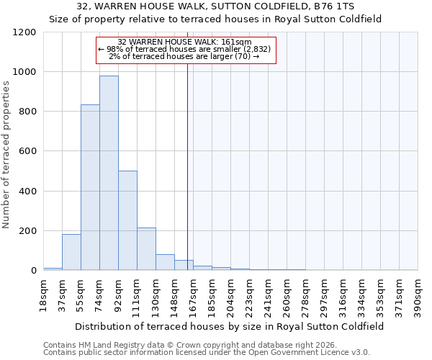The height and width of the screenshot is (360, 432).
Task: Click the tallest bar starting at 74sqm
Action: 109,173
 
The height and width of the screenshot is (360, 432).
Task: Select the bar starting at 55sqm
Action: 90,187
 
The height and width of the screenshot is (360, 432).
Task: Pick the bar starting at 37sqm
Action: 71,252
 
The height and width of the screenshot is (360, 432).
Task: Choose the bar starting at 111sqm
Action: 146,249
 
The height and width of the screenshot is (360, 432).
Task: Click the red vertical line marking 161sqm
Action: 187,158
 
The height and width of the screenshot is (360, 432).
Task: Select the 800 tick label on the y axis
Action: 27,112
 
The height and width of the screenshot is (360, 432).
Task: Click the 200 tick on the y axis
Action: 27,231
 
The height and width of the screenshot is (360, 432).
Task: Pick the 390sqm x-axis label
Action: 418,294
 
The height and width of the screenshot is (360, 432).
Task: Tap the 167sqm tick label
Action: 193,294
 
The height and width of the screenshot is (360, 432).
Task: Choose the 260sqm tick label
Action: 287,294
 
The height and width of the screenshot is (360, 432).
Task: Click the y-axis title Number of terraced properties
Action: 6,155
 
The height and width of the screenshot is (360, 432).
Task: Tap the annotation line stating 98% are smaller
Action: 184,49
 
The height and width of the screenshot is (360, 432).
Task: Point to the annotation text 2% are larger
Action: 184,56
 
